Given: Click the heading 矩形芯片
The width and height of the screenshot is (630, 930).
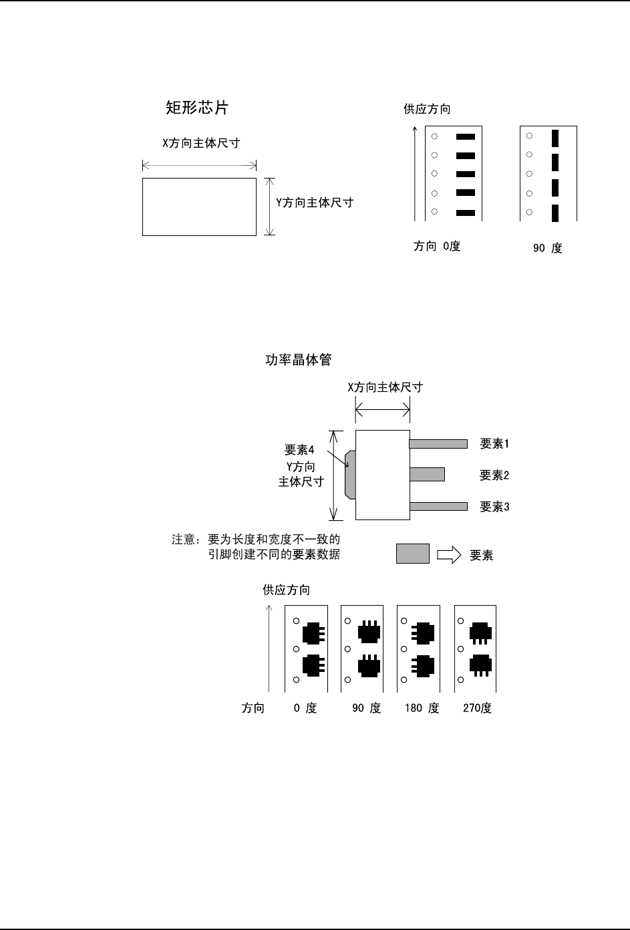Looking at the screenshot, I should pyautogui.click(x=198, y=108).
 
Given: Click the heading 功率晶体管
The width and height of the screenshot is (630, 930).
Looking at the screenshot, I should pyautogui.click(x=299, y=360).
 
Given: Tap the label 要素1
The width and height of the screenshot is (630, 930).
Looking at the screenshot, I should pyautogui.click(x=494, y=443).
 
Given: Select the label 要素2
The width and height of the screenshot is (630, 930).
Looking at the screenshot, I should pyautogui.click(x=494, y=475).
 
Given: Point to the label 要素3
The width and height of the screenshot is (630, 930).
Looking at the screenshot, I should pyautogui.click(x=494, y=507).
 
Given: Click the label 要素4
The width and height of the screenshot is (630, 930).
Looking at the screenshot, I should pyautogui.click(x=299, y=449).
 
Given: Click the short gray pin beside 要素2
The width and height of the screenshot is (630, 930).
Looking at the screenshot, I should pyautogui.click(x=427, y=474).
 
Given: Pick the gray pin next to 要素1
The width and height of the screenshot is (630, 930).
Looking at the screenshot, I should pyautogui.click(x=438, y=443).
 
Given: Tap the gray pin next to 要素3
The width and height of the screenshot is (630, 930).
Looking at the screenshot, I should pyautogui.click(x=438, y=506).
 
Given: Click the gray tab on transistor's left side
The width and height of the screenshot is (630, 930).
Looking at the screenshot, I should pyautogui.click(x=349, y=474).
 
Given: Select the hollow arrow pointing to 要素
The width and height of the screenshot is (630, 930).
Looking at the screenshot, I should pyautogui.click(x=448, y=555).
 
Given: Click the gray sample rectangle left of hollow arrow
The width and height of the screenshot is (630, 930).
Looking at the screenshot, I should pyautogui.click(x=413, y=554).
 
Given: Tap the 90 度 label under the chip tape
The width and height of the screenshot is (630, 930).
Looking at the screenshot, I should pyautogui.click(x=547, y=248).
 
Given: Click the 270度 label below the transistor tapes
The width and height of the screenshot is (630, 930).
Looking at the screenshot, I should pyautogui.click(x=477, y=708).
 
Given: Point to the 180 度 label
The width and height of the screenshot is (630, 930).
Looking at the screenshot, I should pyautogui.click(x=422, y=708).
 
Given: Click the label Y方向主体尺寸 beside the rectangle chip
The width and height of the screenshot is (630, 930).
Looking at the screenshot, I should pyautogui.click(x=315, y=203).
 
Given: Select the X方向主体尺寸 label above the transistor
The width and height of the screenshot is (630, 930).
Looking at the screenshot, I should pyautogui.click(x=385, y=387).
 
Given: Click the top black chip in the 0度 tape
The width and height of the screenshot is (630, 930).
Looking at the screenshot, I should pyautogui.click(x=465, y=136).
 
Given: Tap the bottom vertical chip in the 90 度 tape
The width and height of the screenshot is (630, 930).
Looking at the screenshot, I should pyautogui.click(x=555, y=213).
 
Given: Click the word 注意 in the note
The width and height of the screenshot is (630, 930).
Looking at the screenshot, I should pyautogui.click(x=183, y=540).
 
